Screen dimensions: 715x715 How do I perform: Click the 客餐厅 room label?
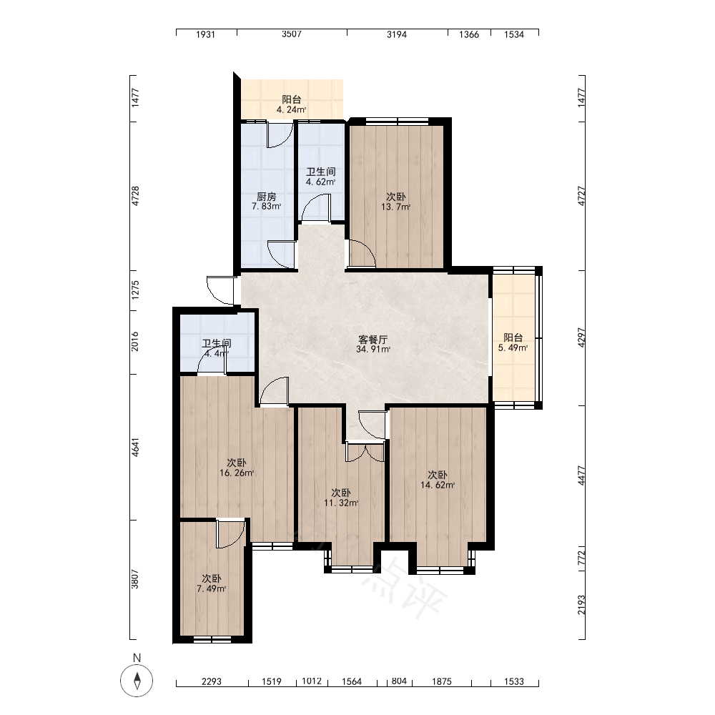click(373, 340)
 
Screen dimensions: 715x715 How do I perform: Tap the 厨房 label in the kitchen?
click(266, 197)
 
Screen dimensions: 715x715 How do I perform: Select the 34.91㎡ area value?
click(373, 350)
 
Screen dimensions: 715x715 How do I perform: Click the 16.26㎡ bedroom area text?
click(237, 473)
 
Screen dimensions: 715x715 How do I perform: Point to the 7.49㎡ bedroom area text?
click(212, 588)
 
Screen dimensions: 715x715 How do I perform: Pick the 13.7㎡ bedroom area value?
click(396, 207)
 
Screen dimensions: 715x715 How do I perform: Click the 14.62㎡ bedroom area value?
click(438, 485)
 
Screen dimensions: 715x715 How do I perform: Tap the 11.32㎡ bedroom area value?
click(341, 503)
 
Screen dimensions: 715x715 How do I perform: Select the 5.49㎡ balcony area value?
click(513, 348)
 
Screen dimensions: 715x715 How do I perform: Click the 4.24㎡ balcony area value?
click(292, 110)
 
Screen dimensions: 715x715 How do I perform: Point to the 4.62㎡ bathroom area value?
click(321, 182)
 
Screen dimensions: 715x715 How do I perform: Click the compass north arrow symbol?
click(137, 681)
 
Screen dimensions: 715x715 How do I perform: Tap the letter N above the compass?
click(137, 658)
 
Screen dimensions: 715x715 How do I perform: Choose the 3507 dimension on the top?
click(292, 34)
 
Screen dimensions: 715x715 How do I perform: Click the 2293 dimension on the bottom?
click(212, 681)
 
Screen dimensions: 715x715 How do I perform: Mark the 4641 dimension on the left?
click(135, 448)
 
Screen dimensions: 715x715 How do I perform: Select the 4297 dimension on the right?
click(581, 338)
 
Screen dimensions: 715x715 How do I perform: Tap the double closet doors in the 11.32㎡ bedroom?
click(365, 452)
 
